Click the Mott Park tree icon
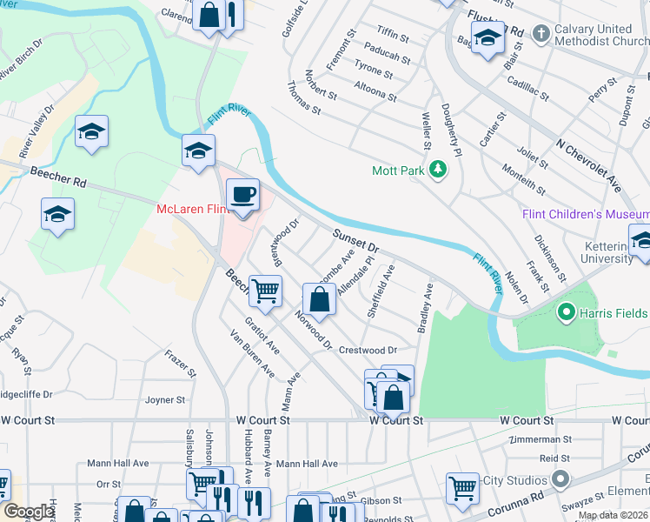(441, 170)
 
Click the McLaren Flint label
(191, 209)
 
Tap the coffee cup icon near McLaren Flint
(243, 195)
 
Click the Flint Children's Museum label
(585, 215)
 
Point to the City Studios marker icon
(560, 479)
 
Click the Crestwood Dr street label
(368, 350)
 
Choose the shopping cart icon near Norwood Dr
(266, 291)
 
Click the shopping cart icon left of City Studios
(462, 487)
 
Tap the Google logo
(29, 512)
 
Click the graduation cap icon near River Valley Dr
(91, 132)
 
